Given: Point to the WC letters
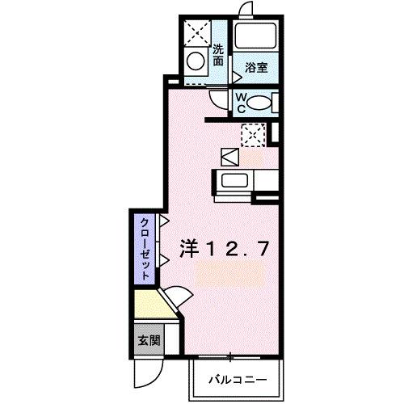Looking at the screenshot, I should pyautogui.click(x=240, y=103).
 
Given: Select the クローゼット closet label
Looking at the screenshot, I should pyautogui.click(x=144, y=248).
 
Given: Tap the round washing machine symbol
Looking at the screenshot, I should pyautogui.click(x=196, y=60).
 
